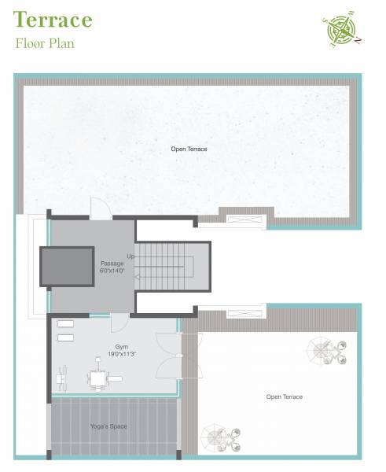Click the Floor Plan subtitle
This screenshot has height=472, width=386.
coord(45,42)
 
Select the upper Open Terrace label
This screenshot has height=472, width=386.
coord(189,148)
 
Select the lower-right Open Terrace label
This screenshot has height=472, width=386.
coord(284,396)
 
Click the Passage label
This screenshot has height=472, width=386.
coord(111,263)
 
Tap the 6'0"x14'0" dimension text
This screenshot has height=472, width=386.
coord(111,271)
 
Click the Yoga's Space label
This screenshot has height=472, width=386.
coord(108,426)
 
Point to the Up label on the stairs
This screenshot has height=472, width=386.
coord(131,256)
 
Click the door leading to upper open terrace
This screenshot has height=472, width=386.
coord(101,209)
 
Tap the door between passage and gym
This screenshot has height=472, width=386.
coord(119,322)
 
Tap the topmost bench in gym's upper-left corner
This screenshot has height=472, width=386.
coord(65,324)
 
